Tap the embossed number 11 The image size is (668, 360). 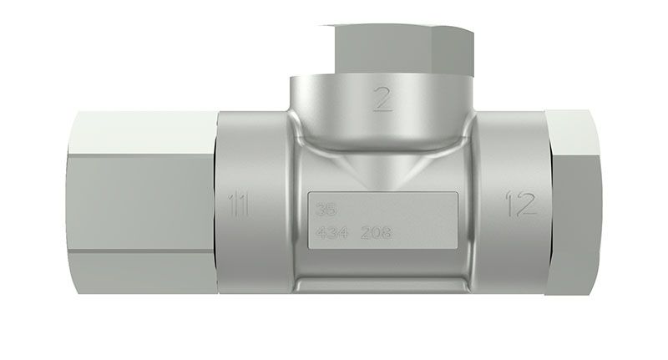(238, 203)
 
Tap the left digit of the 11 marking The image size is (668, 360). (233, 203)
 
